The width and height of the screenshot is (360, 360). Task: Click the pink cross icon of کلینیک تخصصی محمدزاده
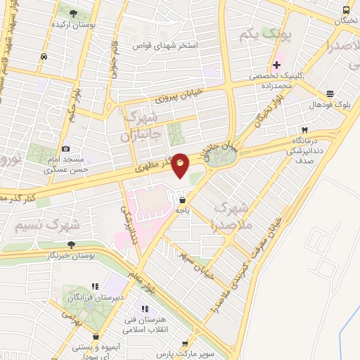[277, 65]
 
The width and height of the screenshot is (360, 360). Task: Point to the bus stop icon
[346, 10]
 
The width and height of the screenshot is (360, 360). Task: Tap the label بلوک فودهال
[328, 105]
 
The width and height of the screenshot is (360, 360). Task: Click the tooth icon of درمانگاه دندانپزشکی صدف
[304, 129]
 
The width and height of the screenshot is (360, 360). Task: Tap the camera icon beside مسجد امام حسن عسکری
[65, 149]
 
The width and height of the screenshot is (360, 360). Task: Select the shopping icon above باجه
[183, 199]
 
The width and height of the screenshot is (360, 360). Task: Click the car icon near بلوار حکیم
[44, 57]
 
